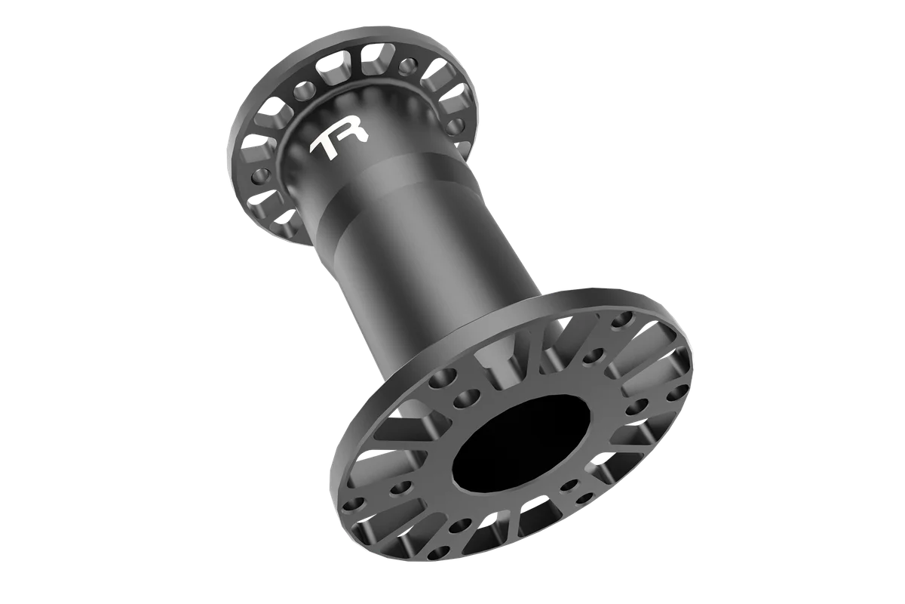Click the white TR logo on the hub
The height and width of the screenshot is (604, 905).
[339, 141]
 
